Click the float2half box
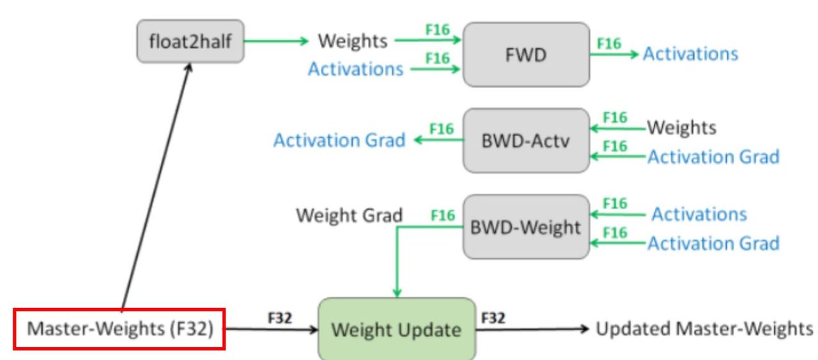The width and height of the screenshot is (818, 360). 190,42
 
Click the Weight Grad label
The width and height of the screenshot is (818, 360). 348,216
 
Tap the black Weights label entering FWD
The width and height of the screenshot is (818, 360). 353,42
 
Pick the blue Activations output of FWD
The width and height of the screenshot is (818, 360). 690,54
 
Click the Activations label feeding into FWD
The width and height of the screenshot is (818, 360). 355,69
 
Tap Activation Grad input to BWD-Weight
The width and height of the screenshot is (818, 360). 713,243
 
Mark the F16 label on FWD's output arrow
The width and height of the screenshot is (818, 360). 610,43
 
